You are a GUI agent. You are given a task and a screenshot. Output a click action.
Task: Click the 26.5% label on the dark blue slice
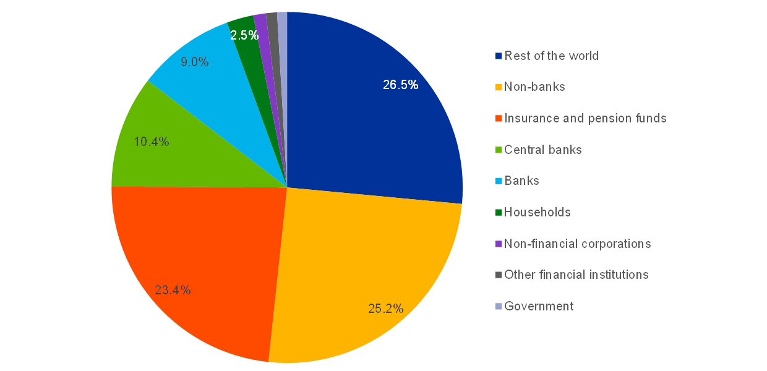(x=400, y=85)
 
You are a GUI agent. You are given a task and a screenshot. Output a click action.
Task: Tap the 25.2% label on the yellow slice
(x=386, y=308)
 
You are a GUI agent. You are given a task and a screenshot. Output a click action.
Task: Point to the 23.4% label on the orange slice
(x=173, y=289)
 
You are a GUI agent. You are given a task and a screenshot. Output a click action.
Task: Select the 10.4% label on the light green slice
(x=152, y=142)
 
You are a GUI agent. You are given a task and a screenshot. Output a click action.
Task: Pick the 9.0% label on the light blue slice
(x=194, y=62)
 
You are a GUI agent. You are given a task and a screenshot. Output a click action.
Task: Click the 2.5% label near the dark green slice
(x=244, y=36)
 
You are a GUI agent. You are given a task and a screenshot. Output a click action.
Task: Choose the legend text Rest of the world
(x=552, y=56)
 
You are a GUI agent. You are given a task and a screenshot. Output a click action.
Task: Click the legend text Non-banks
(x=535, y=87)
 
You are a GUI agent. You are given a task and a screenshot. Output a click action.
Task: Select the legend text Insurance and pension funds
(x=586, y=118)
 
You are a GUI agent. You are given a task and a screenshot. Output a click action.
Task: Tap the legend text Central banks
(x=543, y=150)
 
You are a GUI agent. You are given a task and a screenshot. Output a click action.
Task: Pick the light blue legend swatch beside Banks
(x=498, y=181)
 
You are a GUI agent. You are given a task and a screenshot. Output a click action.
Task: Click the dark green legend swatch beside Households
(x=498, y=213)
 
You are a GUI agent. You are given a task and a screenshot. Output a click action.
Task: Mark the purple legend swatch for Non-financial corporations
(x=498, y=244)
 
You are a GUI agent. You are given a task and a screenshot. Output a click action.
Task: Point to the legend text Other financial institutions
(x=576, y=275)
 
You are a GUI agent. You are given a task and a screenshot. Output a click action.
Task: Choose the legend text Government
(x=539, y=306)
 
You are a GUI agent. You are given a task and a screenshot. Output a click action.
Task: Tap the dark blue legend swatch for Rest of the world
(x=498, y=56)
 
